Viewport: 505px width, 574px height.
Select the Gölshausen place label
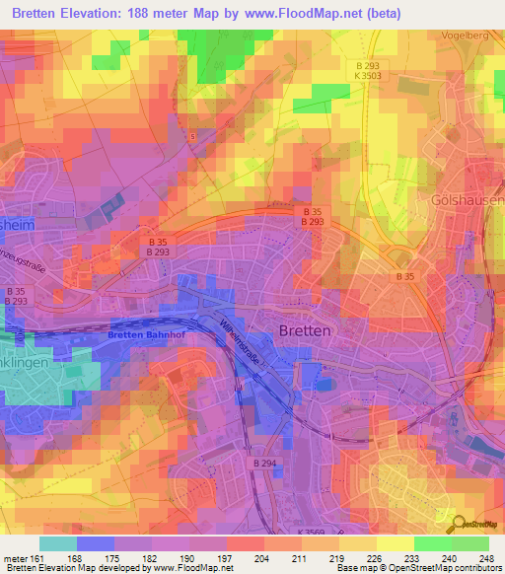point(468,200)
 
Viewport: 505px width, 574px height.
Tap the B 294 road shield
point(263,463)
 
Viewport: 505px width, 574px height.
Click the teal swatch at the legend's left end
point(58,543)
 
